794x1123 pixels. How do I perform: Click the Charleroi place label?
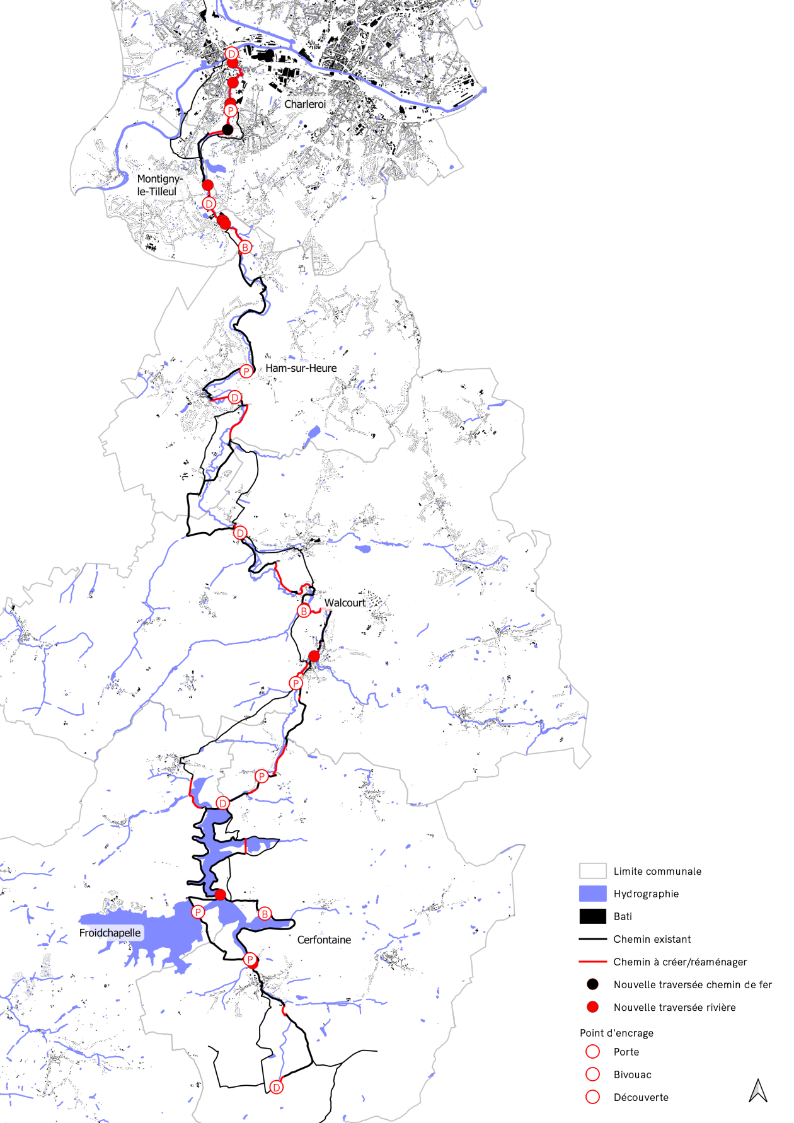(x=305, y=104)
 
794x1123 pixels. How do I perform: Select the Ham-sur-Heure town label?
(x=301, y=368)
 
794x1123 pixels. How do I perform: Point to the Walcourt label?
(x=345, y=602)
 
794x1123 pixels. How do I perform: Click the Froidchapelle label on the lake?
(x=110, y=933)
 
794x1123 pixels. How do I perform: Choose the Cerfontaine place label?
(x=324, y=940)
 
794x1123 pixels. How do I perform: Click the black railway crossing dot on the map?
(x=227, y=130)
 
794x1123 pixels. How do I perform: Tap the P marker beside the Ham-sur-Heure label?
(x=246, y=371)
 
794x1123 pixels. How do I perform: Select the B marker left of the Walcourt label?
(x=304, y=611)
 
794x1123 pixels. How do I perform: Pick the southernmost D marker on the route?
(x=276, y=1087)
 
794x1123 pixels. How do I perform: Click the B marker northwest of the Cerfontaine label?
(x=265, y=914)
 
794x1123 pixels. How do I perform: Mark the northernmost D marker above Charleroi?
(x=231, y=54)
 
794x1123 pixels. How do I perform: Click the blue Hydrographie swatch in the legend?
(x=592, y=894)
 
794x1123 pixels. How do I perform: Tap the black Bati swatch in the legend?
(x=592, y=916)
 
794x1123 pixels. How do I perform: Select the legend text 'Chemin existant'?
(x=652, y=939)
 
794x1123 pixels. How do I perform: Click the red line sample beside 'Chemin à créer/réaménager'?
(x=592, y=962)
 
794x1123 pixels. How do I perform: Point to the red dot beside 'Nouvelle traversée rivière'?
(x=592, y=1007)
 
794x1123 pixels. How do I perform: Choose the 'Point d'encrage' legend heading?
(x=616, y=1033)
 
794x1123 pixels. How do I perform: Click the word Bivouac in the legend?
(x=632, y=1074)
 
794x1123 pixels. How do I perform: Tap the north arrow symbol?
(x=758, y=1091)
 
